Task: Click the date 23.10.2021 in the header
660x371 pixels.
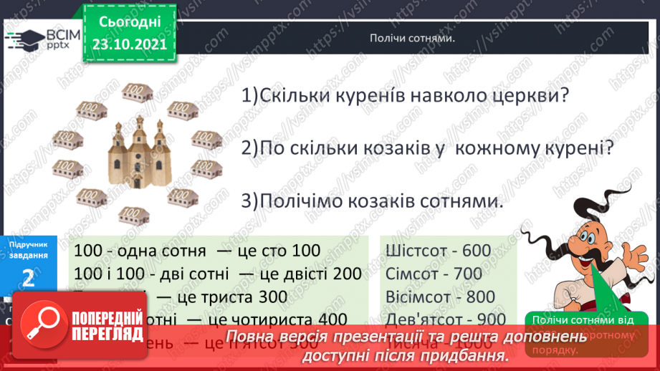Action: click(x=128, y=43)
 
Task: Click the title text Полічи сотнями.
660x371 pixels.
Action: click(x=413, y=39)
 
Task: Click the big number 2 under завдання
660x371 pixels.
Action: click(x=29, y=278)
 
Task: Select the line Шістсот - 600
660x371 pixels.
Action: click(x=438, y=251)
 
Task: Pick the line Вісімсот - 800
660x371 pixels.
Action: click(x=439, y=297)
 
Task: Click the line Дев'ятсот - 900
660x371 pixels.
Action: click(x=444, y=319)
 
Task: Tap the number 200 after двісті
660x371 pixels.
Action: click(x=348, y=274)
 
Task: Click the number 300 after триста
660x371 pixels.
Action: click(x=272, y=297)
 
